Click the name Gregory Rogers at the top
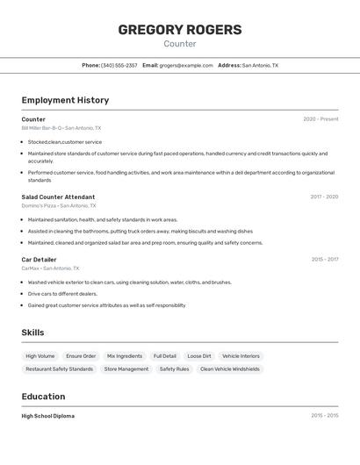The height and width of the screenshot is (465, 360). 180,30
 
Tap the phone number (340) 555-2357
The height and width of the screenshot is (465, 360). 119,65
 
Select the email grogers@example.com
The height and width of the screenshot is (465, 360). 186,65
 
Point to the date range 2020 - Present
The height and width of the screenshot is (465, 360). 320,118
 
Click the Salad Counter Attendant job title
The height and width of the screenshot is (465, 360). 58,197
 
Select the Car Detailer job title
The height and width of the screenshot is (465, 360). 39,260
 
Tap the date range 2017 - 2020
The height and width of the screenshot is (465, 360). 324,197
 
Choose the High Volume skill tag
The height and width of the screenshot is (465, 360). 40,356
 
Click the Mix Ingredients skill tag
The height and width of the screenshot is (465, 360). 125,356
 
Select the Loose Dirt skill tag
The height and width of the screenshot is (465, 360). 199,356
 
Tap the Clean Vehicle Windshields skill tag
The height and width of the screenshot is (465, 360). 230,369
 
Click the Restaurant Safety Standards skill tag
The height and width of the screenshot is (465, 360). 59,369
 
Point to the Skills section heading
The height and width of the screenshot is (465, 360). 32,333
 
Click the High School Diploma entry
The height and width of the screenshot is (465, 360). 48,416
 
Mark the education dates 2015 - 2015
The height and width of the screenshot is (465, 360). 324,416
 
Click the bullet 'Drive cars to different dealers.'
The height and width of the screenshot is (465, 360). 64,294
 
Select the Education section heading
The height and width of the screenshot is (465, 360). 43,397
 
